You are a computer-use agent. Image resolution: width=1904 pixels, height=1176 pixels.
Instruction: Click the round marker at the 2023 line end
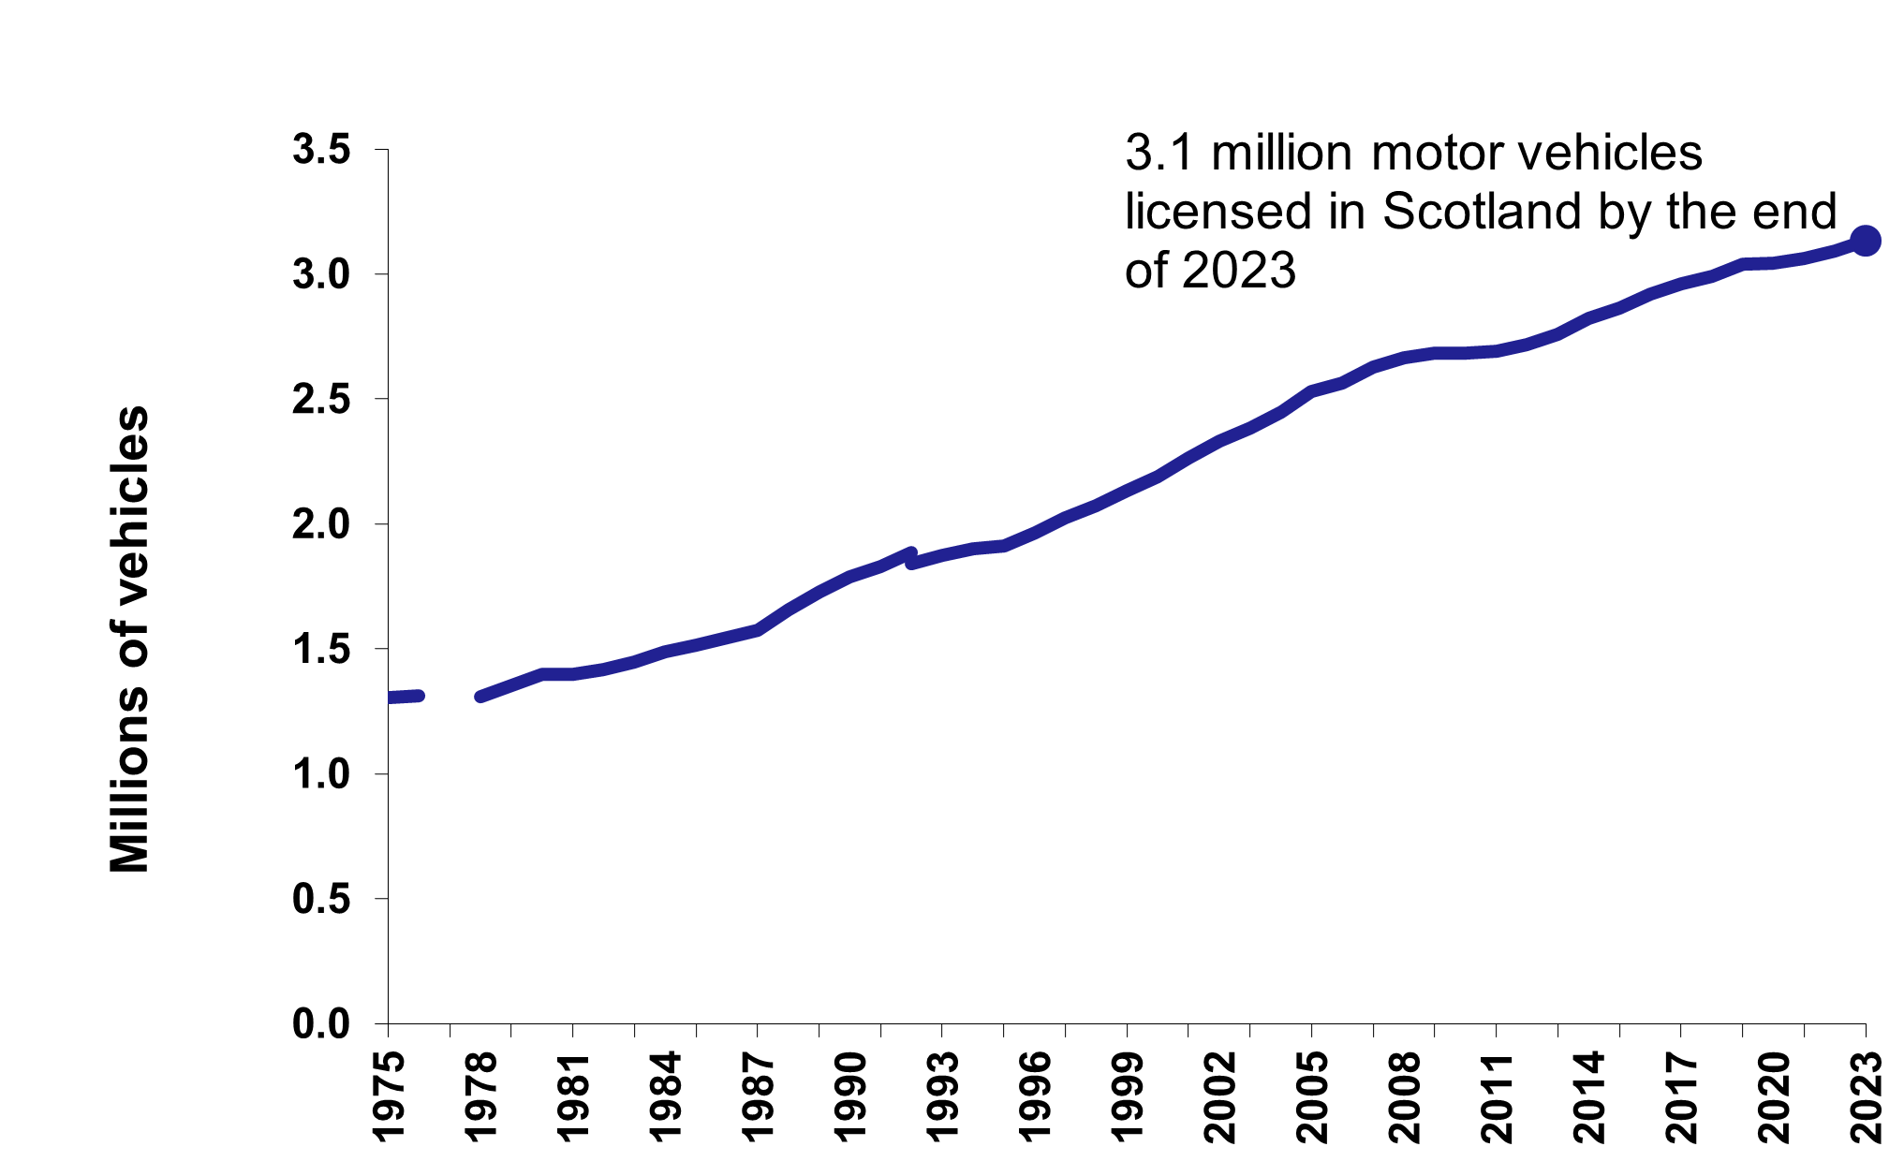tap(1865, 241)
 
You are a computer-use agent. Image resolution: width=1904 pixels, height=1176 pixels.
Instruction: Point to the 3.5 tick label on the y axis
tap(321, 150)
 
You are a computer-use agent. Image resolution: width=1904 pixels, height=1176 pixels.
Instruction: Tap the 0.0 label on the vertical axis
tap(321, 1024)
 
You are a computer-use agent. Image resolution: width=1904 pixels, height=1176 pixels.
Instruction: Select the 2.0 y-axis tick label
tap(321, 524)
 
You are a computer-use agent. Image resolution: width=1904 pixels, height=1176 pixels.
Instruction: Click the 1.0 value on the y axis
tap(321, 774)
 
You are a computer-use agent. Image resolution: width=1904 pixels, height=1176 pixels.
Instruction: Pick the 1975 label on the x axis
tap(388, 1097)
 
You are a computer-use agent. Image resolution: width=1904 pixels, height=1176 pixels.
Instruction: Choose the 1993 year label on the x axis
tap(942, 1097)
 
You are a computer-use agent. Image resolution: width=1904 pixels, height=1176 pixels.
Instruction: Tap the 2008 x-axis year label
tap(1404, 1097)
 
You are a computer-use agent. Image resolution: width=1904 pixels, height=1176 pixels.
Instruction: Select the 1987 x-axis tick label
tap(758, 1097)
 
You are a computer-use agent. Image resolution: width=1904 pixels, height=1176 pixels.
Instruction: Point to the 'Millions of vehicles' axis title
tap(130, 639)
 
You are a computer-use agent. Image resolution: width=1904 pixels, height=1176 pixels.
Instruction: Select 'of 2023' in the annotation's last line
tap(1210, 271)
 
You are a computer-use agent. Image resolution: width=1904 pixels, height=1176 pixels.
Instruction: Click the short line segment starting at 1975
tap(405, 697)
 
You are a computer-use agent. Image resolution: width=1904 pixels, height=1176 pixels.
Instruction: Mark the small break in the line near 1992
tap(910, 558)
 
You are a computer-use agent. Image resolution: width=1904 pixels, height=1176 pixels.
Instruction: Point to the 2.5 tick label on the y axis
tap(321, 400)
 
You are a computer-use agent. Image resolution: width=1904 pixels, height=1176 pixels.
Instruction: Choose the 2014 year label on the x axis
tap(1589, 1097)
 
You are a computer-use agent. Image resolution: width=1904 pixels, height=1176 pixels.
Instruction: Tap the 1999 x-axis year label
tap(1127, 1097)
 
